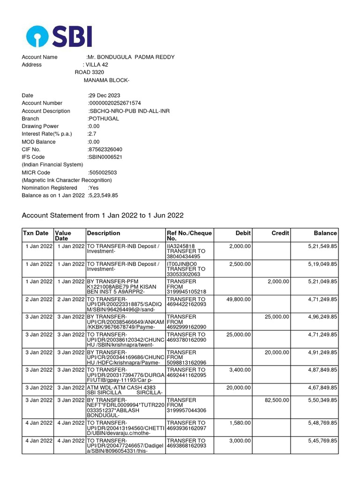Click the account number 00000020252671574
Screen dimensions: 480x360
click(115, 103)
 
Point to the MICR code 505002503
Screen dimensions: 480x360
click(103, 172)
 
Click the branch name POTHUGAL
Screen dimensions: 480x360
click(104, 119)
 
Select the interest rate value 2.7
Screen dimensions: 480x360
click(92, 134)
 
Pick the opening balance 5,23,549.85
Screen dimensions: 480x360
click(103, 195)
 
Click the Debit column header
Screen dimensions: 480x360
click(243, 233)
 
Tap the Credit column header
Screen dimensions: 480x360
click(280, 233)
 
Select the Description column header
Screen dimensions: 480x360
click(104, 233)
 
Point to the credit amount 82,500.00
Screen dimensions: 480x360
click(277, 400)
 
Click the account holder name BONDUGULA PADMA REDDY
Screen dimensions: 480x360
click(131, 57)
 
